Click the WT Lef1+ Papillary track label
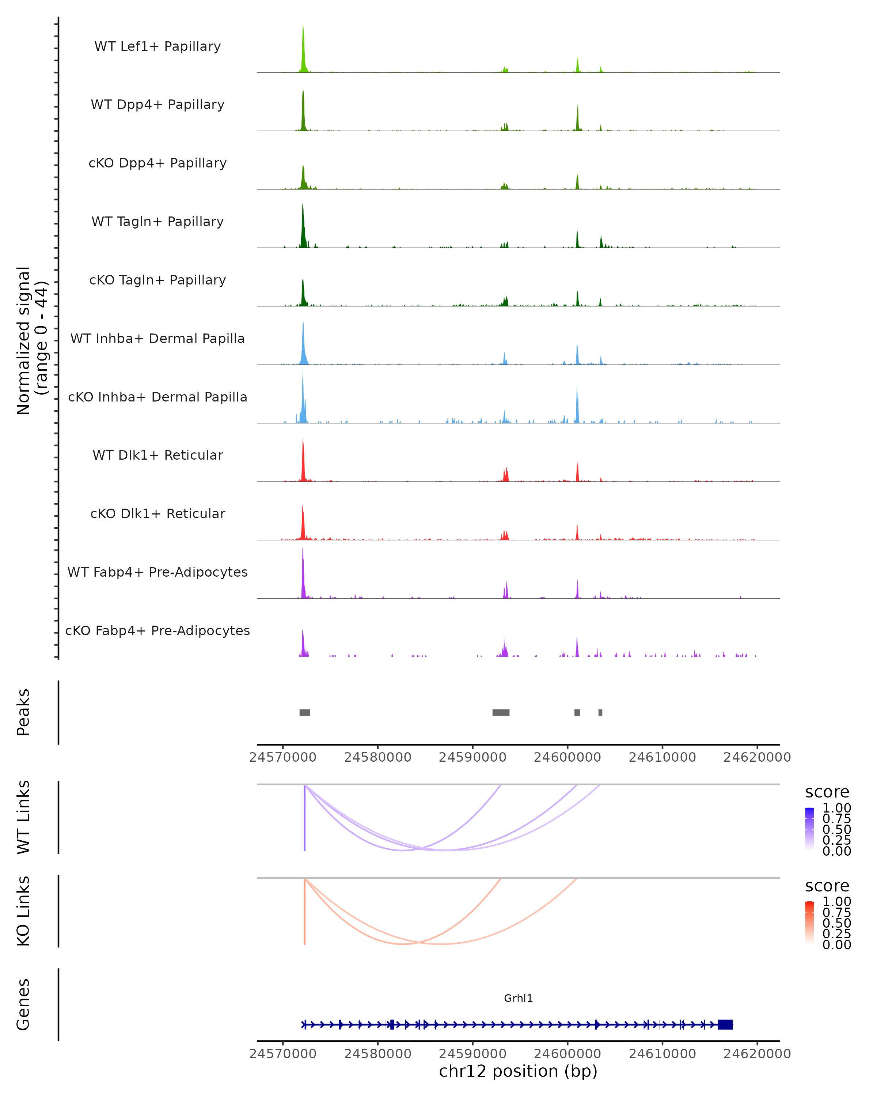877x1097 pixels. pyautogui.click(x=157, y=46)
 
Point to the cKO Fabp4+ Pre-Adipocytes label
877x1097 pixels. pyautogui.click(x=157, y=630)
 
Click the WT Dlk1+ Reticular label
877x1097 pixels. pyautogui.click(x=157, y=455)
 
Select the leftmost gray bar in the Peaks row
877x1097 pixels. pyautogui.click(x=304, y=712)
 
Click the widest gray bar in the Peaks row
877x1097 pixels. pyautogui.click(x=501, y=712)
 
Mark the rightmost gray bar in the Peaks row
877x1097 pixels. pyautogui.click(x=600, y=712)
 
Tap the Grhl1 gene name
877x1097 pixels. pyautogui.click(x=518, y=998)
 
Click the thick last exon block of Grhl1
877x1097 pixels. pyautogui.click(x=725, y=1025)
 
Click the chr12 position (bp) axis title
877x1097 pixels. pyautogui.click(x=518, y=1071)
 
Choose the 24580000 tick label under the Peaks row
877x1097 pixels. pyautogui.click(x=378, y=757)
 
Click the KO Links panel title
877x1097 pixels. pyautogui.click(x=23, y=911)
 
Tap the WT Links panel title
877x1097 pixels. pyautogui.click(x=23, y=817)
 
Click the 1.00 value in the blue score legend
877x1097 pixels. pyautogui.click(x=837, y=808)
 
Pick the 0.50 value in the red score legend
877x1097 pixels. pyautogui.click(x=837, y=923)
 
